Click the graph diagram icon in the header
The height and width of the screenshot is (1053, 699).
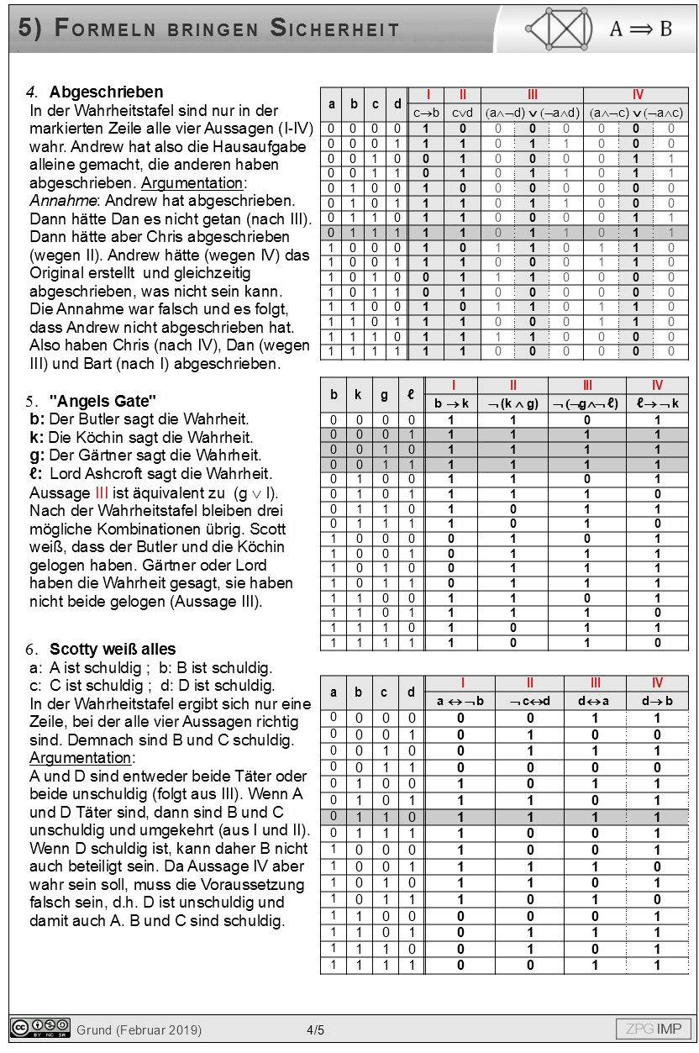coord(557,29)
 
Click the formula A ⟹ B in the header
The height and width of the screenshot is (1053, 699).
coord(640,29)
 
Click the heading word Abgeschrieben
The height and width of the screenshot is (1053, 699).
coord(106,92)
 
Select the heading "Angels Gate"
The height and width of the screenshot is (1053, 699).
coord(103,400)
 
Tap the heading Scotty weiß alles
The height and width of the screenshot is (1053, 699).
coord(113,649)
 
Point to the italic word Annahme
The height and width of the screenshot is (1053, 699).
coord(55,203)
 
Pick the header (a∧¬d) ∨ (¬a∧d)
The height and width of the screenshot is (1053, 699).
coord(532,113)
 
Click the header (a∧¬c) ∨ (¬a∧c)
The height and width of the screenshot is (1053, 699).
coord(636,113)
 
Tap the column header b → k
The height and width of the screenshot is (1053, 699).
coord(451,403)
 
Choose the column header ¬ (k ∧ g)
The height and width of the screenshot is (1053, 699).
coord(512,403)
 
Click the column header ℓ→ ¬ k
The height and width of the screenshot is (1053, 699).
coord(657,403)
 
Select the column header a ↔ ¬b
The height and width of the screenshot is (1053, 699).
coord(460,701)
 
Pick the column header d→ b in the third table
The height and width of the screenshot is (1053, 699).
coord(657,701)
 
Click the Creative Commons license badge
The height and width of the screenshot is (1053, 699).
coord(40,1028)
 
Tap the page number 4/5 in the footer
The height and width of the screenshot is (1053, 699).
coord(316,1029)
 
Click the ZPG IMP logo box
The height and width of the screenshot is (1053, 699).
coord(654,1029)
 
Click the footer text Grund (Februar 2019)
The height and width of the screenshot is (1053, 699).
coord(139,1029)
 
